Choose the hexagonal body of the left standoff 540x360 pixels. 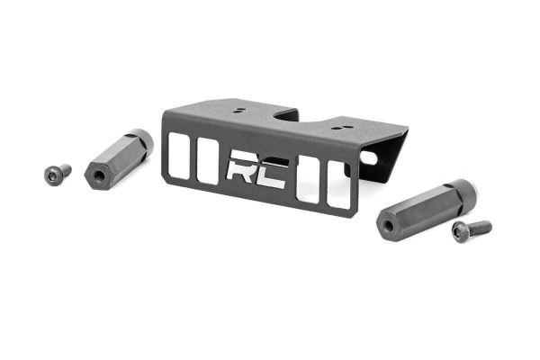tap(117, 158)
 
